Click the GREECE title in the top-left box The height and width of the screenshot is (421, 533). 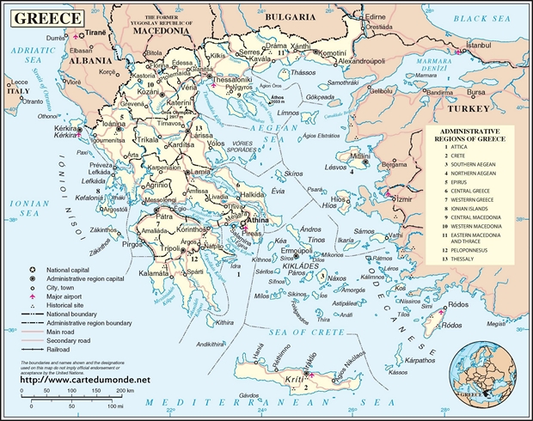pos(44,17)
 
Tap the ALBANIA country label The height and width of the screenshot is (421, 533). pos(90,61)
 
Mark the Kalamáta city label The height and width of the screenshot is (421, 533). pos(161,273)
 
